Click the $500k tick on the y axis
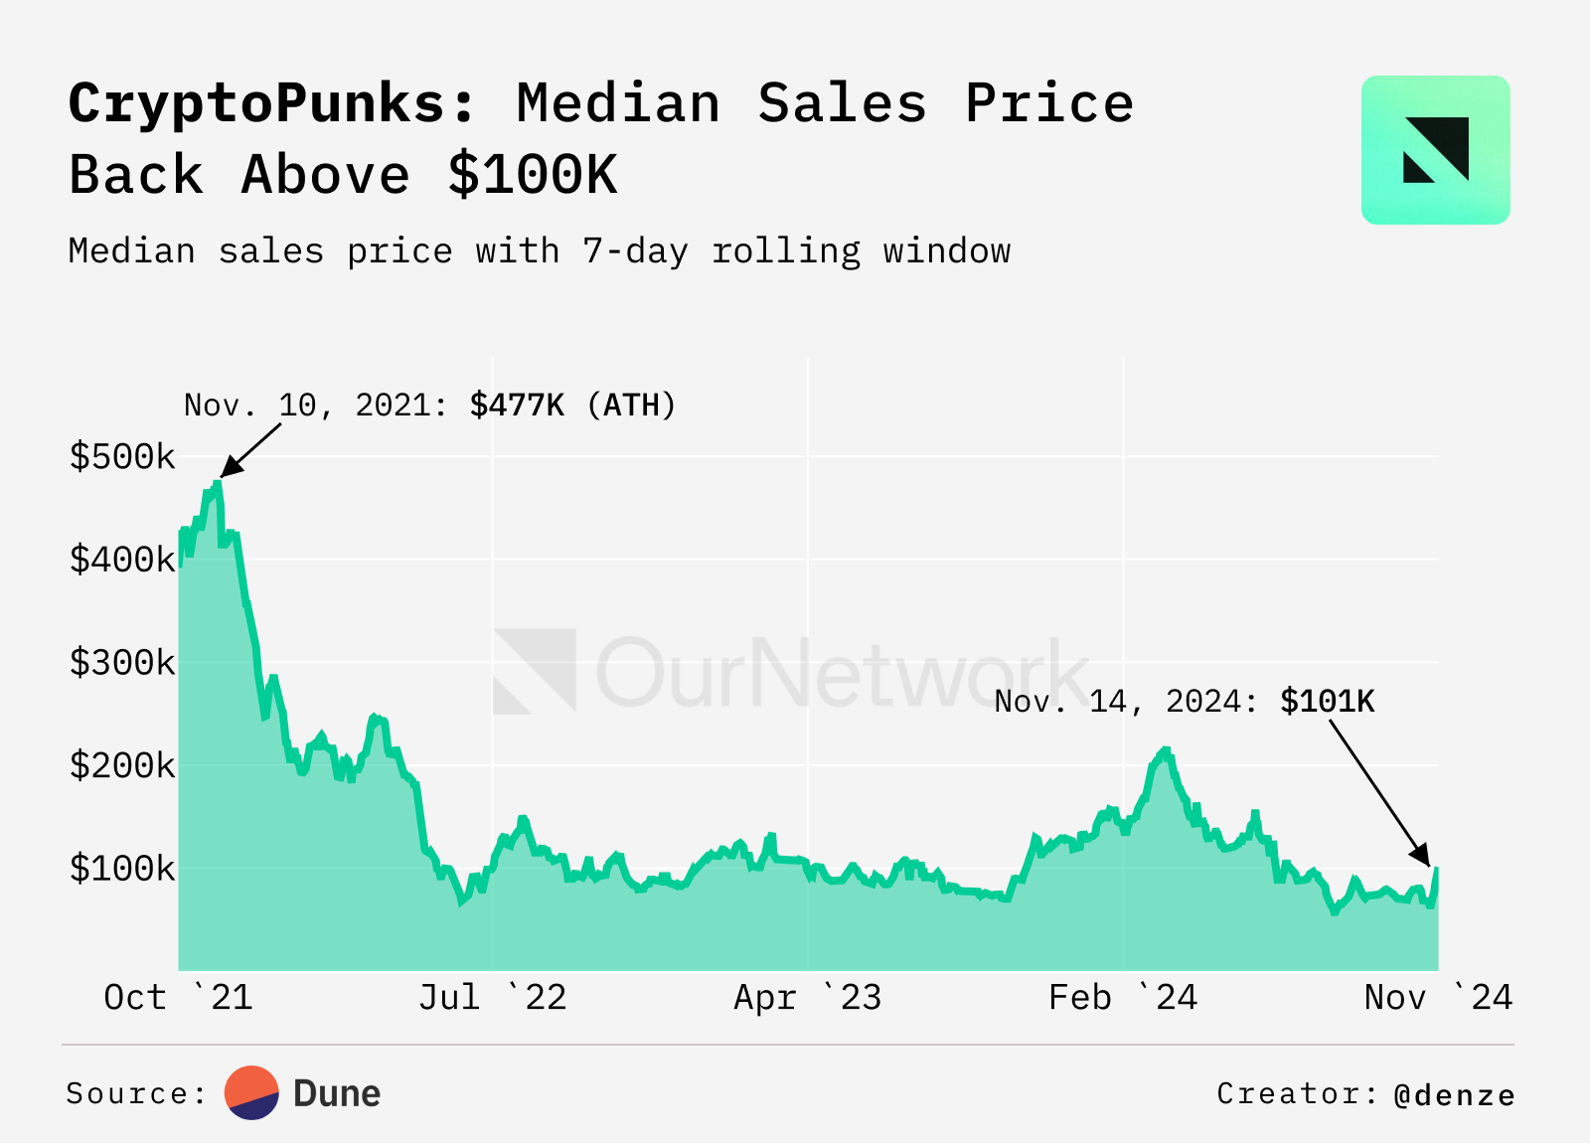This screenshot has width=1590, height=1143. [121, 457]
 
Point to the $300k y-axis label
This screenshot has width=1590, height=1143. [121, 663]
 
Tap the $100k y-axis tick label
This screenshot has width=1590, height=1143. [121, 869]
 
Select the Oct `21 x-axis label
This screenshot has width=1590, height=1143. [179, 997]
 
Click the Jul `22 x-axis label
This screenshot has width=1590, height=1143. [493, 997]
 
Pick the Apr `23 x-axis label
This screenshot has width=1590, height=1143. [808, 997]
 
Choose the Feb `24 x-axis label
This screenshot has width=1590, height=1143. [1123, 997]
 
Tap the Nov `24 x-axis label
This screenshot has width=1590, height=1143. [1438, 997]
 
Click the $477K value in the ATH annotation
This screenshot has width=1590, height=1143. [517, 406]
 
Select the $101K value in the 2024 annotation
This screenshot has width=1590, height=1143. [1327, 702]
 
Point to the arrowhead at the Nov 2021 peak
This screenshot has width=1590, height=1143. [228, 470]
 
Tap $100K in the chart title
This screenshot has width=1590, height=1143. [533, 175]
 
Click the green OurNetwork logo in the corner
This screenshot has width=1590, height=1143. [1435, 150]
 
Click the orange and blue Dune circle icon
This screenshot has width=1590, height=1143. [251, 1093]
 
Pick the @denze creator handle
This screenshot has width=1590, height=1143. [1455, 1095]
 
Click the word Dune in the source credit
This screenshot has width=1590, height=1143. [337, 1093]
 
